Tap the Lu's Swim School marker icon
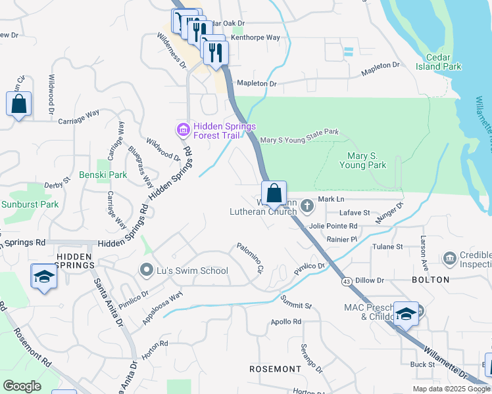pos(147,270)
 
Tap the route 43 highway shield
pos(346,281)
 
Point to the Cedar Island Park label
pos(438,62)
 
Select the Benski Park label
pos(103,175)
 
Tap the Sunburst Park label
pos(30,204)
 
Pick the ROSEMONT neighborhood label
pos(275,369)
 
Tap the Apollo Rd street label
pos(285,322)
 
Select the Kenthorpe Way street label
pos(255,38)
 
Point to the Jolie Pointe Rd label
pos(332,226)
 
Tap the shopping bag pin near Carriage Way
pos(18,104)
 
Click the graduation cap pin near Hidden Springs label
pos(44,276)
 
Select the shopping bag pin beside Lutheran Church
pos(274,193)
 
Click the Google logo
pos(22,385)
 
